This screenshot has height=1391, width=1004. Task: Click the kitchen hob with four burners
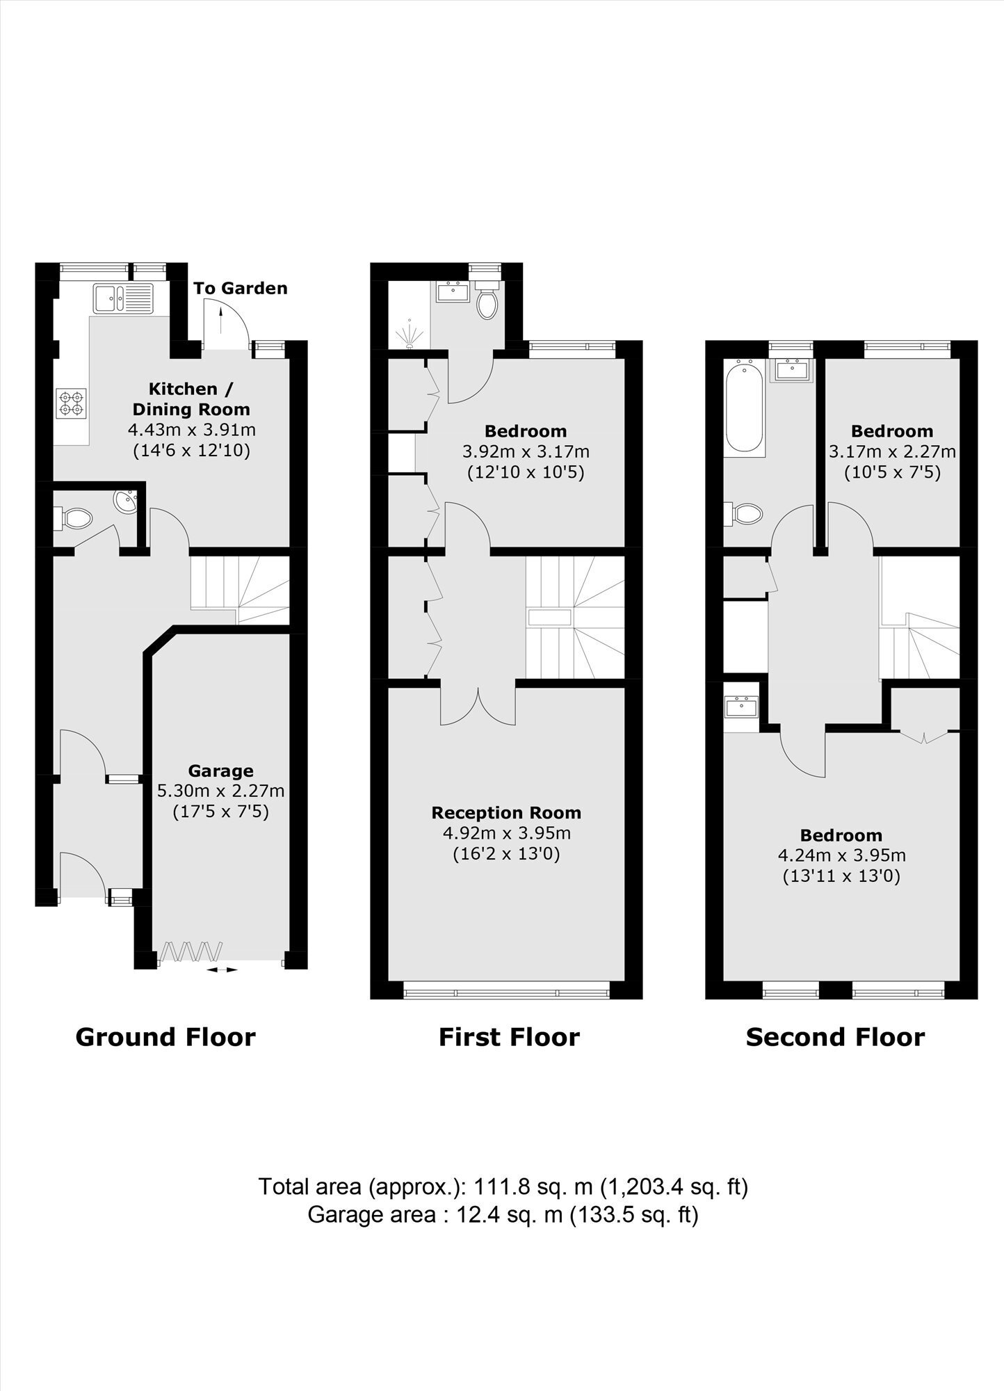(x=72, y=403)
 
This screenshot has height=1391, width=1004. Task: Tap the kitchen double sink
(x=122, y=298)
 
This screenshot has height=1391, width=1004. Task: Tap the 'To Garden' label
(x=240, y=288)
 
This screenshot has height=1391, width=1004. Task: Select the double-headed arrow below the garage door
(x=221, y=969)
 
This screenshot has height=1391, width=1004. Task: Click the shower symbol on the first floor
(x=409, y=334)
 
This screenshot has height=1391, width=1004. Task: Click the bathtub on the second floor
(x=745, y=409)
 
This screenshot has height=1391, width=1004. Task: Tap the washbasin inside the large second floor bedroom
(x=741, y=707)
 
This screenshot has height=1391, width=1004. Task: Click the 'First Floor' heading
(x=509, y=1037)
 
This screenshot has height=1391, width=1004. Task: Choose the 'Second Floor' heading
(x=835, y=1037)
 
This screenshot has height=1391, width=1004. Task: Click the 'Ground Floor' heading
(x=165, y=1037)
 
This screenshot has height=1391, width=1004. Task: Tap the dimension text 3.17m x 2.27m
(x=892, y=451)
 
